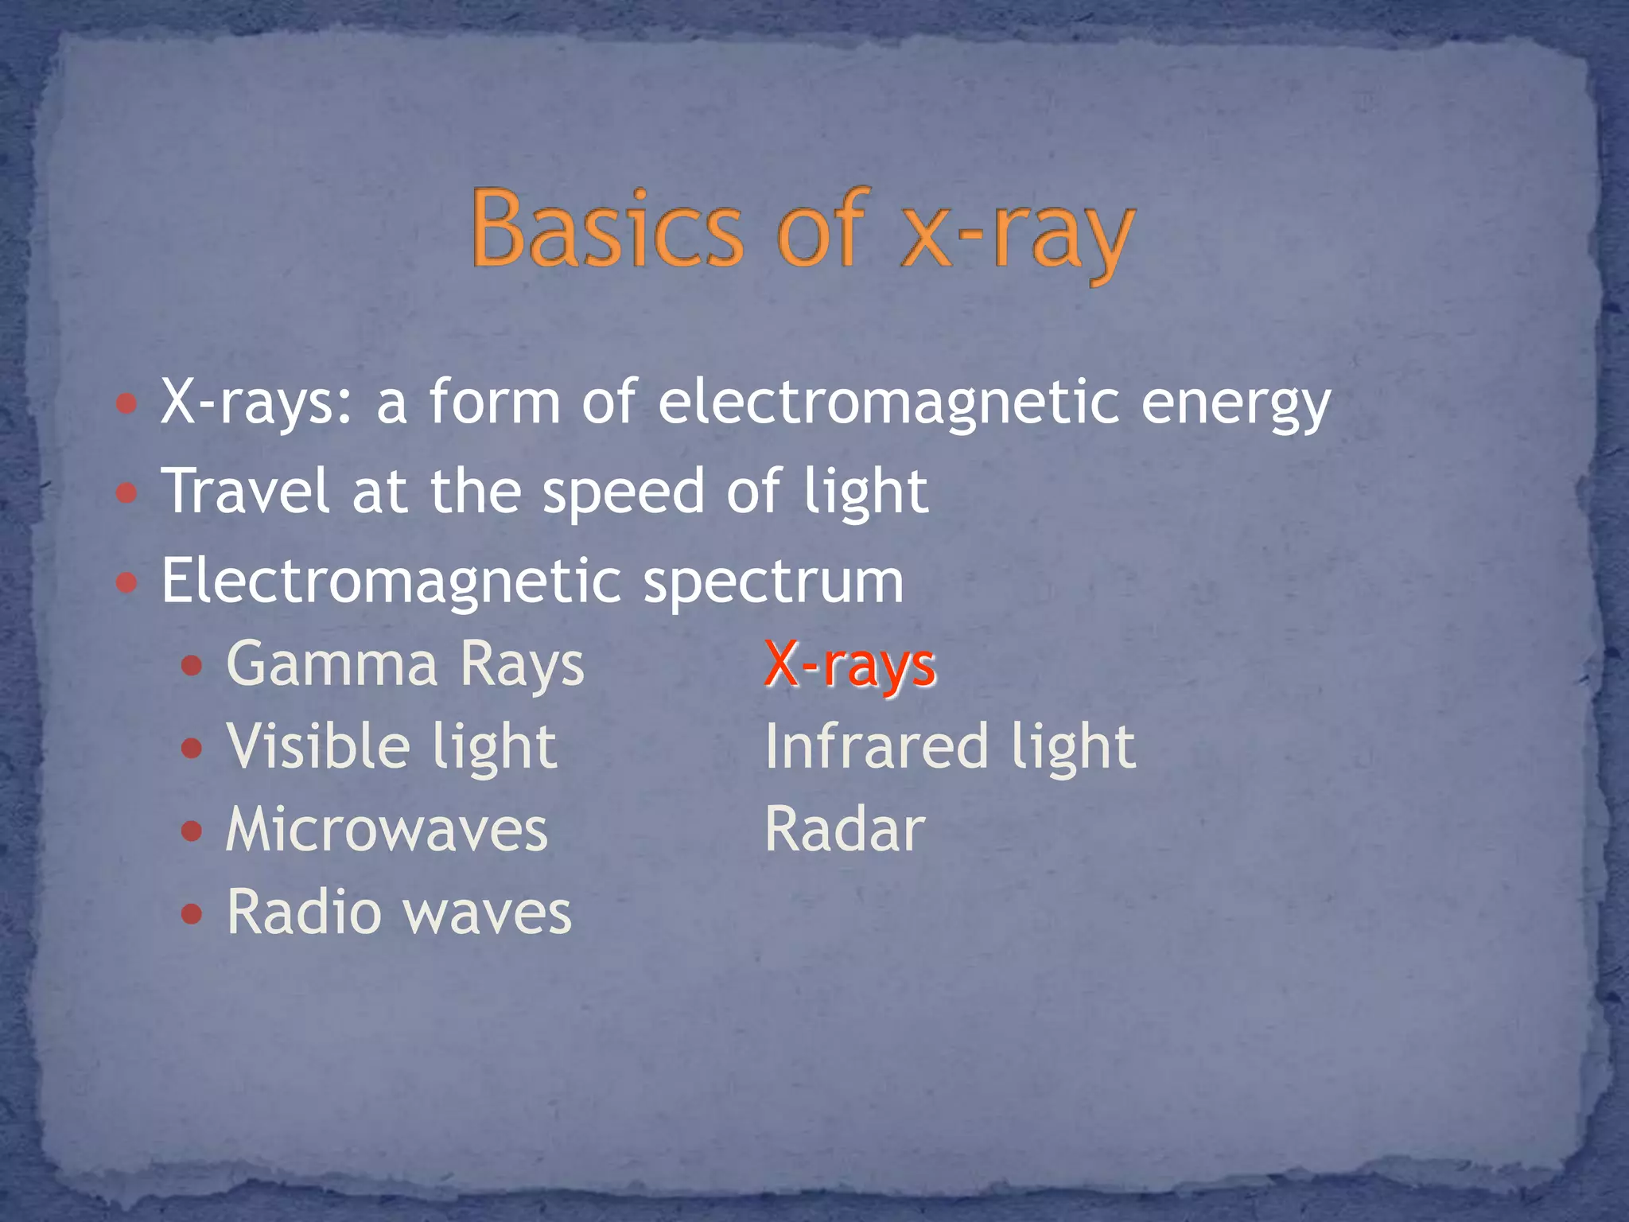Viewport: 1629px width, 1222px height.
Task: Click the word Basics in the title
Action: pos(606,228)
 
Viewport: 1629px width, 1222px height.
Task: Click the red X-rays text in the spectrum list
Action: pos(849,664)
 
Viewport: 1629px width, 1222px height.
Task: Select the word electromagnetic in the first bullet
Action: pos(889,402)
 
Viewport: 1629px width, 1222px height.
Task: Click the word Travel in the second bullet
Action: pos(245,491)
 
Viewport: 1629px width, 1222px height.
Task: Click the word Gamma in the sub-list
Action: pos(332,664)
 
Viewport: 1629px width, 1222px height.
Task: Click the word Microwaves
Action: pos(387,830)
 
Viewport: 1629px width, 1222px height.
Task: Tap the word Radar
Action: pos(845,830)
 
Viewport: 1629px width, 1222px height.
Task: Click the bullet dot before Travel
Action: pos(126,493)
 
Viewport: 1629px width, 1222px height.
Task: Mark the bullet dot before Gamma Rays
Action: pos(192,666)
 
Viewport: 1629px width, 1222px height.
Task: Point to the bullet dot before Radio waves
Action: pos(192,913)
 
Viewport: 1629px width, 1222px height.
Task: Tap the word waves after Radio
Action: pos(488,913)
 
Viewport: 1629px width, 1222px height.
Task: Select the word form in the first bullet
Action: pos(495,402)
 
